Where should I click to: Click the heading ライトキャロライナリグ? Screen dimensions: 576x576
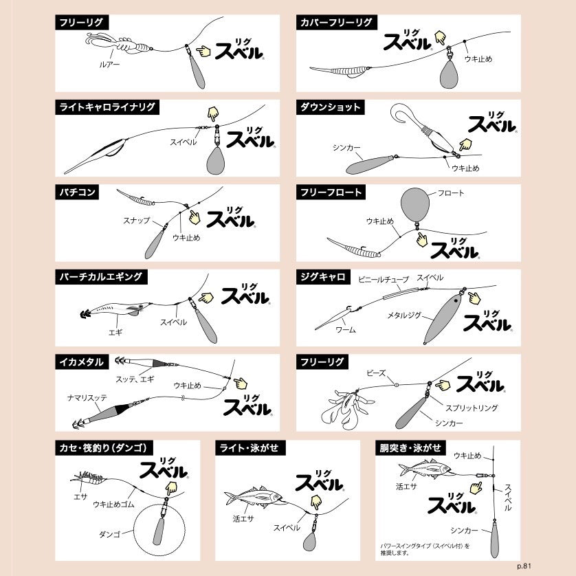point(107,107)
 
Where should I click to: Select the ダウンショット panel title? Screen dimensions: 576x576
point(330,107)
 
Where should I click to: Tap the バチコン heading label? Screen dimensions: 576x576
point(77,192)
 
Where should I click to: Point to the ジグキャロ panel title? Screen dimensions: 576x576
point(323,277)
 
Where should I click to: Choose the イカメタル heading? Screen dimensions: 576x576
point(82,362)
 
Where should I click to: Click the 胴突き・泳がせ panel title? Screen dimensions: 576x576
point(410,447)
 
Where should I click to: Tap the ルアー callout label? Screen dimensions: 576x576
point(109,65)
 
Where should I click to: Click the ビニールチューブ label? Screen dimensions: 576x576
point(384,280)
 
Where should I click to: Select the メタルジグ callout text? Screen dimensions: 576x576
point(404,315)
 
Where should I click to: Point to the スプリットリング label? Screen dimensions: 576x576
point(472,408)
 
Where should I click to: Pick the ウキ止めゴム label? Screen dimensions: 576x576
point(113,505)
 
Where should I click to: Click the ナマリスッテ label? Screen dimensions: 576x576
point(87,397)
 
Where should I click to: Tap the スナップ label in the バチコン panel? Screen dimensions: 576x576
point(137,221)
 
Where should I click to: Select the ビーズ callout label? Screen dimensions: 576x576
point(376,373)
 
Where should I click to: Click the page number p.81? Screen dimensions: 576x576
point(524,566)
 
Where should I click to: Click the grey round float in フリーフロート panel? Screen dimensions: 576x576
point(415,205)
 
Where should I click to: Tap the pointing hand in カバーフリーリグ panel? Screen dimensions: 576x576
point(440,38)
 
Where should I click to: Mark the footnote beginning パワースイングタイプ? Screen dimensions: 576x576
point(425,549)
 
